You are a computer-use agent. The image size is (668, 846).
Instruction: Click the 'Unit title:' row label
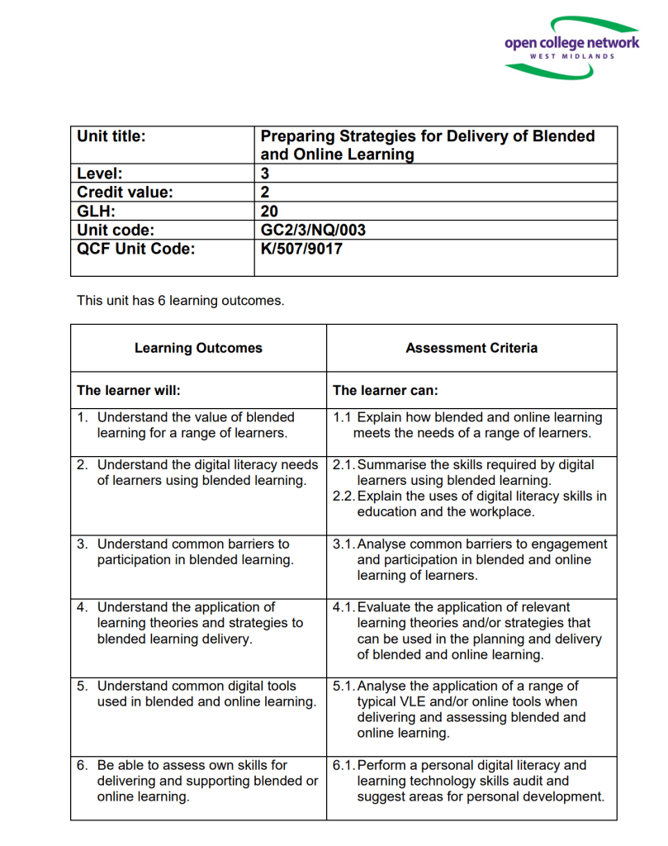point(111,136)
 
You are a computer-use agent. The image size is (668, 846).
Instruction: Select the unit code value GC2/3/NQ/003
point(313,230)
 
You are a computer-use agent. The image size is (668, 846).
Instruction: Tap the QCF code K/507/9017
point(301,249)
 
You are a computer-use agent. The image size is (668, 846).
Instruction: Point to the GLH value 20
point(269,211)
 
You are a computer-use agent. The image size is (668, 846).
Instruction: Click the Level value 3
point(265,173)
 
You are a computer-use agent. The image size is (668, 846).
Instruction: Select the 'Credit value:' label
point(125,192)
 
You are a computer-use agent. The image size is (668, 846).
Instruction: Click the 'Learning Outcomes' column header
point(198,348)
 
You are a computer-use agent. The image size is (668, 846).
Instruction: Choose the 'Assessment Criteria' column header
point(471,348)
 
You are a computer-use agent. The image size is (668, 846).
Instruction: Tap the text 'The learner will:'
point(128,390)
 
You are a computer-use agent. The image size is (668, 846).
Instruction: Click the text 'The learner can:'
point(385,390)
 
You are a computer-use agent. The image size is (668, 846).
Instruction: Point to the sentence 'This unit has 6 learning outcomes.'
point(180,301)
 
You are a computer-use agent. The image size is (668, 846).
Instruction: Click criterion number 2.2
point(344,496)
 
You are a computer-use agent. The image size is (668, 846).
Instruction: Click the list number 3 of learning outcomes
point(82,544)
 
